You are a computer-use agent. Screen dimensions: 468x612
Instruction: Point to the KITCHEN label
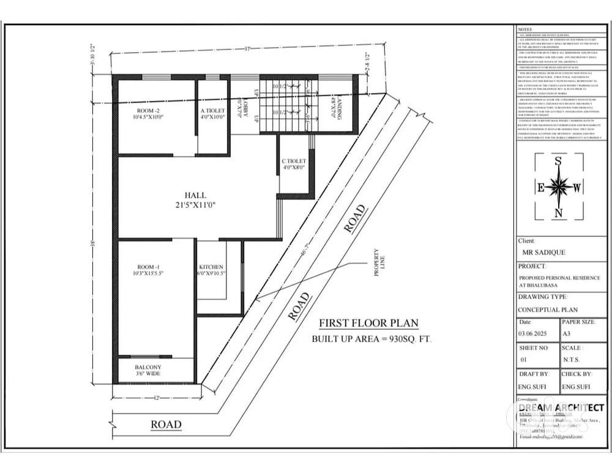[211, 267]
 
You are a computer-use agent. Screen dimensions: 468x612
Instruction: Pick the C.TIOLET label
[294, 160]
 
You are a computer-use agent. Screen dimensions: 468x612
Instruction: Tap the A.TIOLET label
[213, 111]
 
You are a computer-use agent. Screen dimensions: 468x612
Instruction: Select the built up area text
[371, 338]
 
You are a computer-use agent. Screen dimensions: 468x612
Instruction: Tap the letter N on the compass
[558, 213]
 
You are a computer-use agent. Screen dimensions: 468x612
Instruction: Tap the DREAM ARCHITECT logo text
[561, 407]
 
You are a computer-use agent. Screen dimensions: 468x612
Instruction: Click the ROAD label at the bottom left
[166, 424]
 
